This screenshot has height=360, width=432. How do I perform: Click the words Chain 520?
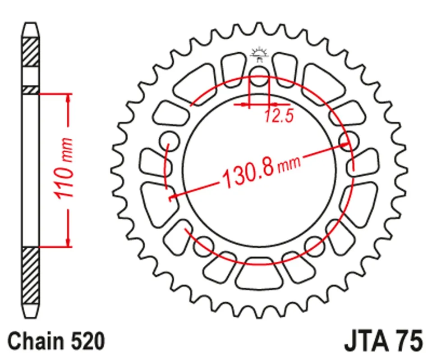pos(56,341)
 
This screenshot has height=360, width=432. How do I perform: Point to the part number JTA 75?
pos(383,341)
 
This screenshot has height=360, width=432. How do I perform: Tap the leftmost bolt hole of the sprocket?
pos(169,141)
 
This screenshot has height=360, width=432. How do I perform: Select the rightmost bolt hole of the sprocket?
pos(349,141)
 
